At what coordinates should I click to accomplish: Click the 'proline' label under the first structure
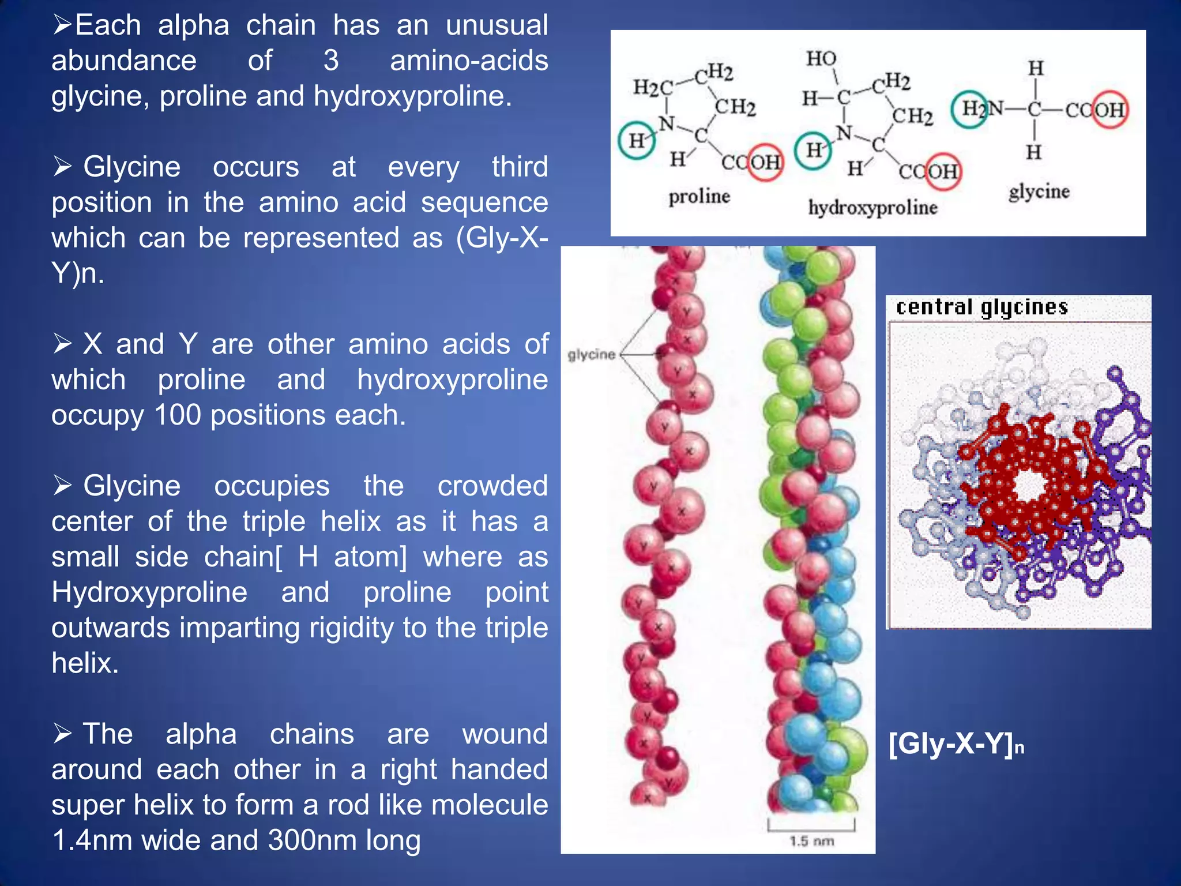click(699, 197)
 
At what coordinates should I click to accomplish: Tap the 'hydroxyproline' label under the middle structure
click(872, 208)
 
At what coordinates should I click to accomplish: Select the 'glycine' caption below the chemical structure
click(1039, 192)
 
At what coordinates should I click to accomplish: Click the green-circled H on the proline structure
click(637, 140)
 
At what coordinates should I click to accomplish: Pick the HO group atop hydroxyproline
click(821, 58)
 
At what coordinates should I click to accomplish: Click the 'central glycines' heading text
click(981, 307)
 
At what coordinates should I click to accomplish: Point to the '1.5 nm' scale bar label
click(811, 841)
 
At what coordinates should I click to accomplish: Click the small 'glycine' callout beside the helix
click(591, 354)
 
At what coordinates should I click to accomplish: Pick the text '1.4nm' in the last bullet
click(92, 840)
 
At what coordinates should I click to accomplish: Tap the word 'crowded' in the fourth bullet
click(492, 486)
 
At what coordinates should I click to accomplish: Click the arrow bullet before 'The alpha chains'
click(62, 734)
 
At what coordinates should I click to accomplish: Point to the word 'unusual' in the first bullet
click(497, 25)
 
